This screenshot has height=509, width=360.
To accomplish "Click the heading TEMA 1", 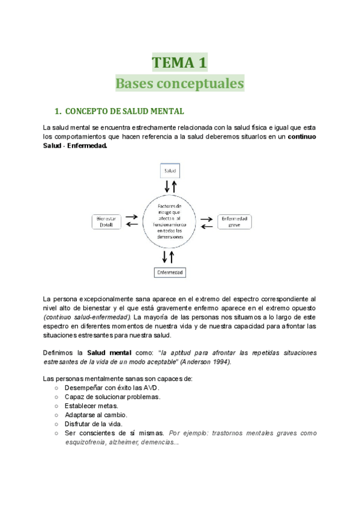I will click(x=179, y=62).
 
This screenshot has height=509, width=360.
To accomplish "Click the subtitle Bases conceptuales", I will click(x=179, y=83).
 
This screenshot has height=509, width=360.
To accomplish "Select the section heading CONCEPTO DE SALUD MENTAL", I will click(x=124, y=112).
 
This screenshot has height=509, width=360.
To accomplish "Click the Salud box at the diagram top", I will click(x=170, y=171).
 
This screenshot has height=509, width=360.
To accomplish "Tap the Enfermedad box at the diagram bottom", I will click(x=170, y=273).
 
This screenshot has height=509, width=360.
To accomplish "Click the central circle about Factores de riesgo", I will click(x=170, y=221).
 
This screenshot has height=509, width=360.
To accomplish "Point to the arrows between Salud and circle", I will click(x=170, y=187).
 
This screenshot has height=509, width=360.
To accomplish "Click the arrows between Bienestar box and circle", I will click(x=132, y=221).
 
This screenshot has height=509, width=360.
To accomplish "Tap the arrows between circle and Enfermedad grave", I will click(x=206, y=221).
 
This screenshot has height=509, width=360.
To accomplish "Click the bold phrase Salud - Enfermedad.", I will click(x=76, y=146).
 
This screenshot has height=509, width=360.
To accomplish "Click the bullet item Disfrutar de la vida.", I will click(x=94, y=424).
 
